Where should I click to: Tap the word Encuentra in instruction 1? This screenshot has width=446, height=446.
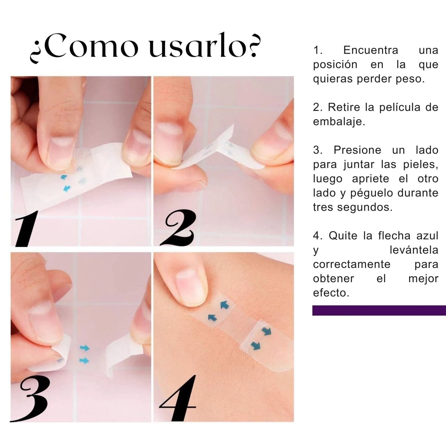coord(370,50)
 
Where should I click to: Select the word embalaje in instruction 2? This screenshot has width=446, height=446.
coord(339,122)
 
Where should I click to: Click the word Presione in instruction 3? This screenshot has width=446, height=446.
coord(357,150)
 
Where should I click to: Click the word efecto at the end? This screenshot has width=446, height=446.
coord(331,293)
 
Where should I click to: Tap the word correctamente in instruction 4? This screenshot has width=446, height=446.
coord(352,264)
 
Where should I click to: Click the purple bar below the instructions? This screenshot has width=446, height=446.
coord(379,310)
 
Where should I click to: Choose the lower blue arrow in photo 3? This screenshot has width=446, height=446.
coord(84,361)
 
